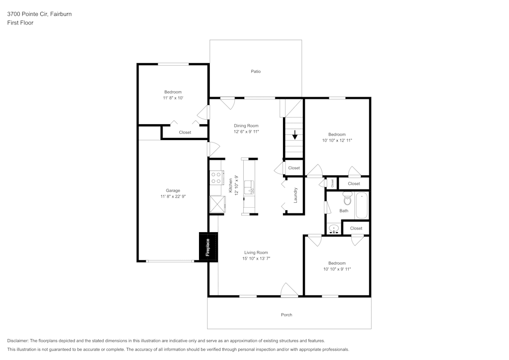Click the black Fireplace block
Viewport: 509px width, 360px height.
coord(208,247)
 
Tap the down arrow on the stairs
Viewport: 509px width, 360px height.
coord(295,135)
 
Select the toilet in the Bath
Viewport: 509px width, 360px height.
coord(348,199)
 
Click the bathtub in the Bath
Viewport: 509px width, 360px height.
coord(361,205)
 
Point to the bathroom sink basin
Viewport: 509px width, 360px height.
coord(334,228)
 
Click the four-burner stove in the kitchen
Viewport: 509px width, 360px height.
coord(216,178)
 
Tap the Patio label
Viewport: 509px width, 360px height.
coord(256,71)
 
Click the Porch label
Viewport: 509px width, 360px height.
coord(287,315)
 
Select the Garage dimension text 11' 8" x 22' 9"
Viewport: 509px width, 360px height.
coord(173,196)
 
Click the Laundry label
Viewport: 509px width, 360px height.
coord(295,196)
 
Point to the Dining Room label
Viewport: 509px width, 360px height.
coord(246,126)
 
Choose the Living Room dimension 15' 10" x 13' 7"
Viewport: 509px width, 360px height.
coord(256,259)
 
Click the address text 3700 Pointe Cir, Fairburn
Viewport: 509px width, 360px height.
coord(39,14)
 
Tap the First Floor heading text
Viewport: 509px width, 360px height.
coord(20,23)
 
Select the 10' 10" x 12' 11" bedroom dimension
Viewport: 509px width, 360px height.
coord(337,140)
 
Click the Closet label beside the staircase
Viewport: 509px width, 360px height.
coord(294,168)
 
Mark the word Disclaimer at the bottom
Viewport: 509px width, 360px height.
coord(18,341)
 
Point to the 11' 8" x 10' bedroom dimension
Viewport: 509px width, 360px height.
coord(173,98)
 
